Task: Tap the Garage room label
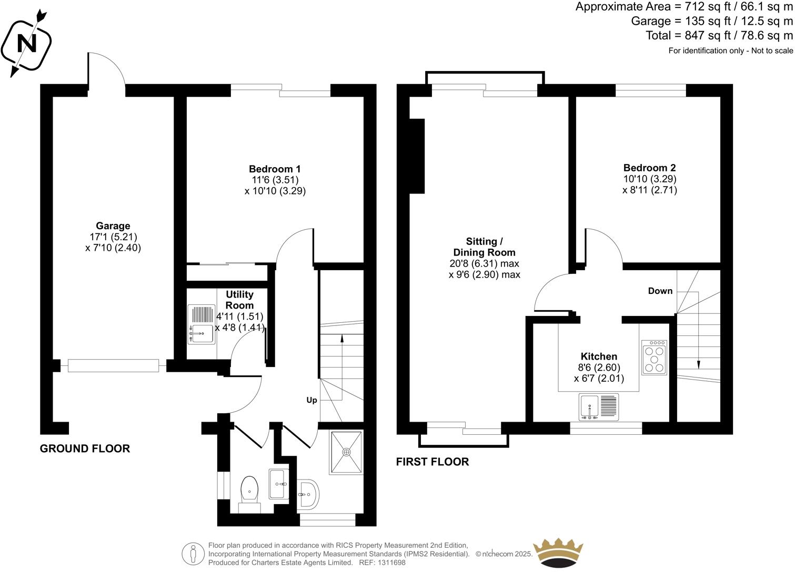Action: pos(113,226)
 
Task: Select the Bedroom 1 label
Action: pos(275,169)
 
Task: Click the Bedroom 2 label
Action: pos(649,168)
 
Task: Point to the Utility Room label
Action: pos(239,300)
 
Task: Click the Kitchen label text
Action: pos(599,356)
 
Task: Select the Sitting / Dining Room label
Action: pos(484,247)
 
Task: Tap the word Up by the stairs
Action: pos(311,400)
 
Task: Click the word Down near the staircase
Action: pos(660,291)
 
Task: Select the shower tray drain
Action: pos(346,452)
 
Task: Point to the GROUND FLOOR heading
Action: pos(85,448)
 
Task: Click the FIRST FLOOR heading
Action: pos(432,462)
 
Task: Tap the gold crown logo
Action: pos(558,553)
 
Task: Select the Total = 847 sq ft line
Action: pos(719,36)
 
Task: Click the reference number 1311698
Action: pos(390,563)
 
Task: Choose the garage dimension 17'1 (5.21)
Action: pos(113,237)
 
